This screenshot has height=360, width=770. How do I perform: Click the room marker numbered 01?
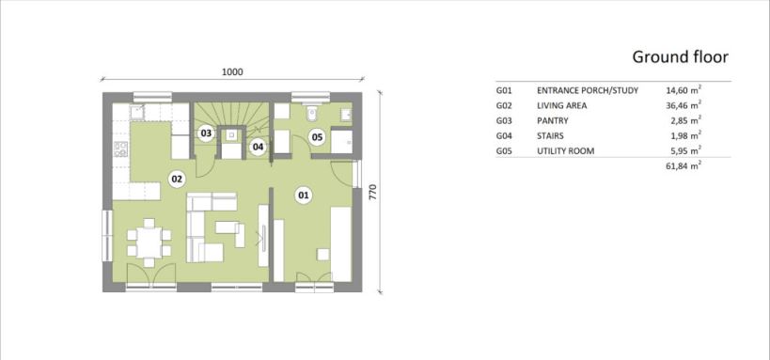click(x=304, y=196)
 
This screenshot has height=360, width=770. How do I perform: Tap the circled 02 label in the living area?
click(x=177, y=180)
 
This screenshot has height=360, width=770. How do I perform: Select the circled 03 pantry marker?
click(x=206, y=133)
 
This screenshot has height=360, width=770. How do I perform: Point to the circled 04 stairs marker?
click(x=258, y=147)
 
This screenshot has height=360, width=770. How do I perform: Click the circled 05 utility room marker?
click(x=317, y=137)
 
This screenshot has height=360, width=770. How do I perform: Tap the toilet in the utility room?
click(x=311, y=113)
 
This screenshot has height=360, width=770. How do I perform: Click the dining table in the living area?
click(x=149, y=243)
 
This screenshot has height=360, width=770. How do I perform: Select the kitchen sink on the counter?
click(x=137, y=112)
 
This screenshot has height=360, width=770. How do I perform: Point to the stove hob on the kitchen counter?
click(x=120, y=149)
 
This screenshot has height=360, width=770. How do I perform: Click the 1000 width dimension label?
click(x=232, y=72)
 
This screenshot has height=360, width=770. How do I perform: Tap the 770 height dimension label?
click(x=372, y=192)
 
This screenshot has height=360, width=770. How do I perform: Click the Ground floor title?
click(x=680, y=57)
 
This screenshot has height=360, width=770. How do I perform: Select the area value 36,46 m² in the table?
click(x=684, y=105)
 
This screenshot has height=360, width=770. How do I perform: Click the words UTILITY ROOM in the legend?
click(x=566, y=150)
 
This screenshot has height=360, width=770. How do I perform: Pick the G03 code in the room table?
click(x=504, y=120)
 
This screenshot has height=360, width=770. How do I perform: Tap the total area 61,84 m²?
click(x=684, y=166)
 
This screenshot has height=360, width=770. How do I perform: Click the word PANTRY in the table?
click(x=553, y=120)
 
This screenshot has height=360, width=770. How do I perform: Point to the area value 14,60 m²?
click(x=684, y=90)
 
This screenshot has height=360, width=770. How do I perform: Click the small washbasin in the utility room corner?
click(x=347, y=115)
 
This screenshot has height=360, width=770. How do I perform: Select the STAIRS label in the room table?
click(x=551, y=135)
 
